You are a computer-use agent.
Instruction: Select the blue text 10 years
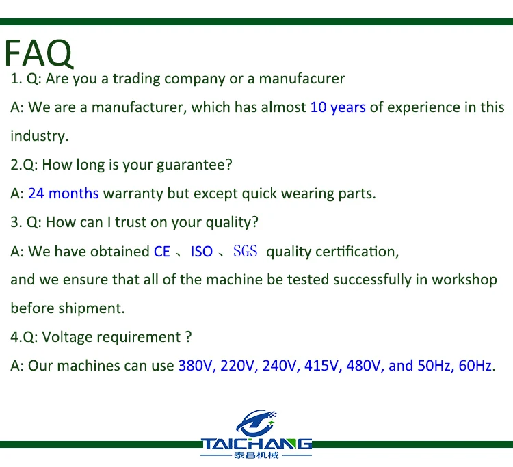[338, 107]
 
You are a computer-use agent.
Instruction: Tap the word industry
[38, 136]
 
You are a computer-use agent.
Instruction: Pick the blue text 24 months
[63, 194]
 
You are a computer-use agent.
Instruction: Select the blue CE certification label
[161, 252]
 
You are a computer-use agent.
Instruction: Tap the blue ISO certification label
[202, 252]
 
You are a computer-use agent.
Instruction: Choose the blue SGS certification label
[246, 252]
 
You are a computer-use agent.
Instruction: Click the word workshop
[464, 280]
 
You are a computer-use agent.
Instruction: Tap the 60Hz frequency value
[475, 366]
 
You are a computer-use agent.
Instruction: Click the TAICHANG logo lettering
[257, 444]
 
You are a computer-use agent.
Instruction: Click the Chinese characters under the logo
[257, 455]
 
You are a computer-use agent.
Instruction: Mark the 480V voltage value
[364, 366]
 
